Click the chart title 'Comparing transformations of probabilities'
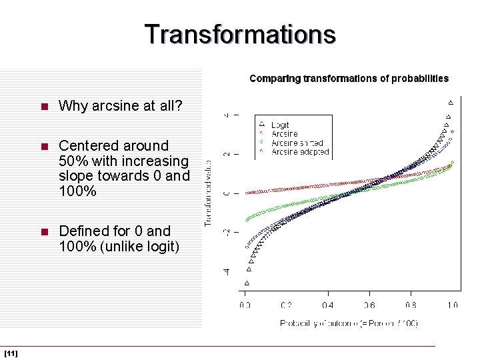(x=349, y=79)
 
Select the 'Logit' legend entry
(x=280, y=125)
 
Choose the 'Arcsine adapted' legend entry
(x=299, y=151)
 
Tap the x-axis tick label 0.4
(x=327, y=305)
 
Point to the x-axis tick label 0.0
(x=245, y=305)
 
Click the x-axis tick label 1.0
(x=452, y=305)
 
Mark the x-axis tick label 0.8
(x=411, y=305)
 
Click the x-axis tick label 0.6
(x=369, y=305)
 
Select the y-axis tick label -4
(x=227, y=271)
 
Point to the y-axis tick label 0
(x=227, y=193)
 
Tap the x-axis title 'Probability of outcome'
(x=349, y=323)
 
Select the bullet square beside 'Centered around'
(x=44, y=146)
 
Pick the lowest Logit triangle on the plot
(x=246, y=283)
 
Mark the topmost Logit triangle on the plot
(x=451, y=102)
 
